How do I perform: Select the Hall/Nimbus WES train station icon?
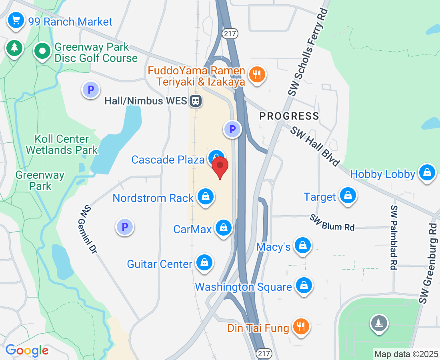(x=196, y=100)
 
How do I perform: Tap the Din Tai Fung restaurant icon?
(x=300, y=327)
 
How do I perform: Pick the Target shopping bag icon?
(x=348, y=196)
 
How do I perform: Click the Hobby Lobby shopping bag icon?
(x=427, y=173)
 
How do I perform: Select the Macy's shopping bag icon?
(x=303, y=246)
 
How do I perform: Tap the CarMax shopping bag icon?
(x=224, y=228)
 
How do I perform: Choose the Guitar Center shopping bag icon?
(x=204, y=263)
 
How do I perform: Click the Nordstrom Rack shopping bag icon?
(x=206, y=196)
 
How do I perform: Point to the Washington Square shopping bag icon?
(x=304, y=286)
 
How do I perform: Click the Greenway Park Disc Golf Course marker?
(x=42, y=51)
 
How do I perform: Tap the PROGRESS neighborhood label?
(x=289, y=116)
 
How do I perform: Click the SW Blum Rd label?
(x=332, y=223)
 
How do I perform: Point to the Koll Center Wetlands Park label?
(x=62, y=145)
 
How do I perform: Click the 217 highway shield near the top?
(x=231, y=34)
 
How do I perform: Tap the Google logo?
(x=27, y=351)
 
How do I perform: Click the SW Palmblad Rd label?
(x=394, y=238)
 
